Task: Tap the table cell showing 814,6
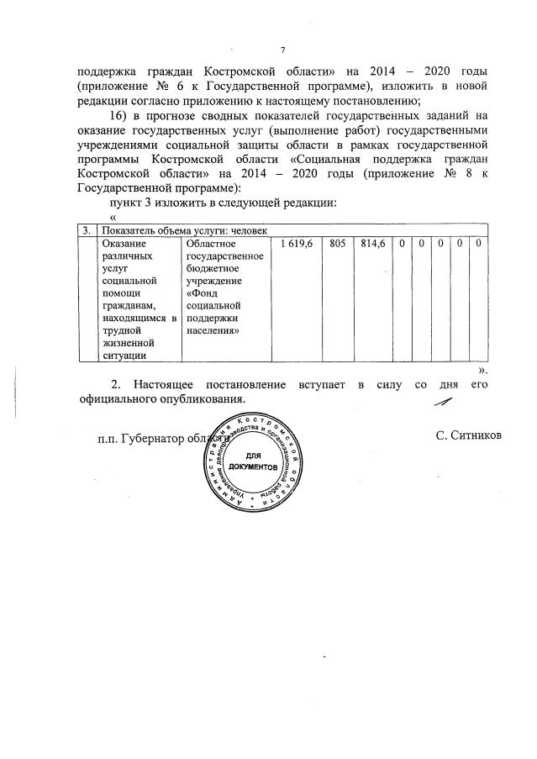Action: coord(372,243)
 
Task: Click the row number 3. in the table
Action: coord(87,230)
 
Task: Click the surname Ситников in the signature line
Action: coord(469,435)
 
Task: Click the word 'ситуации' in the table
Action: coord(124,356)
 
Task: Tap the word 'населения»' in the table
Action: coord(213,331)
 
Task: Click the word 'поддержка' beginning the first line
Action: coord(108,71)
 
